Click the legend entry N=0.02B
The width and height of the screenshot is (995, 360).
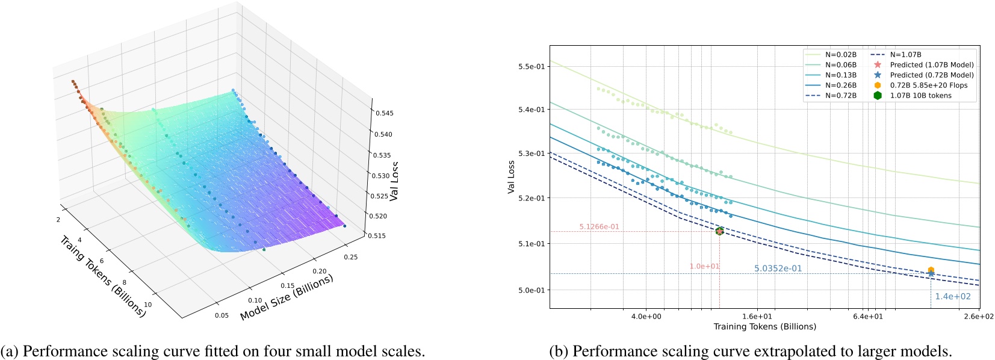(840, 55)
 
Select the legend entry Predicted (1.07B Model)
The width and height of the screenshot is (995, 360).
(931, 65)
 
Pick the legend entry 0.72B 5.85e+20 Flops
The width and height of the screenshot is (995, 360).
(929, 85)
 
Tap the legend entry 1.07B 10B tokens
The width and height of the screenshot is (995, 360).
(920, 96)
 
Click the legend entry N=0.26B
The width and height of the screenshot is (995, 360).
(840, 85)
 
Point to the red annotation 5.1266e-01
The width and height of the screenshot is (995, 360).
(599, 227)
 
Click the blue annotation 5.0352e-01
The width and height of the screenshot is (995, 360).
(778, 268)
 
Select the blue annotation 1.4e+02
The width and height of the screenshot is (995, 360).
(952, 296)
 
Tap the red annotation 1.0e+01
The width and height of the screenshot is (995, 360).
(704, 266)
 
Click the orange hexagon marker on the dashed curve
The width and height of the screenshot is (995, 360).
(931, 270)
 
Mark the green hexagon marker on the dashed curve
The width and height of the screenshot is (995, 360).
(719, 231)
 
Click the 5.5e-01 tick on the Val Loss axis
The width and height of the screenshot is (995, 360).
(531, 66)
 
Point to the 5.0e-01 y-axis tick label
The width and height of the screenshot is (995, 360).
(531, 290)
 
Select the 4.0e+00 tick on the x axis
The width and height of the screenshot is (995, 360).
(646, 316)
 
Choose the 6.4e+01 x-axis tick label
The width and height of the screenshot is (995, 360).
(868, 316)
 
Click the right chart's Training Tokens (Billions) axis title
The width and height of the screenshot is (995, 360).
(764, 327)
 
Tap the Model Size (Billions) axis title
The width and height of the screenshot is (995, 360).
(287, 297)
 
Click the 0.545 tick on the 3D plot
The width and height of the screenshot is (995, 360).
(385, 113)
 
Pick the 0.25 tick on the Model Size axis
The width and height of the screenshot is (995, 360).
(350, 257)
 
